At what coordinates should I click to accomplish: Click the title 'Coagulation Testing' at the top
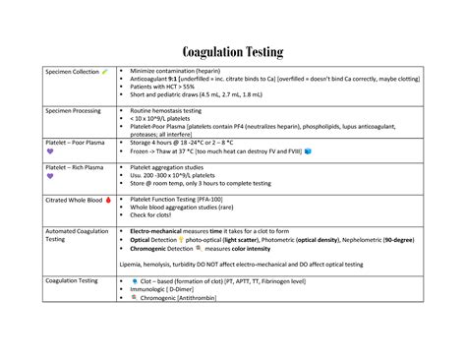click(x=233, y=51)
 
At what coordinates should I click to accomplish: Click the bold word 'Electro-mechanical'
click(x=162, y=230)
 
